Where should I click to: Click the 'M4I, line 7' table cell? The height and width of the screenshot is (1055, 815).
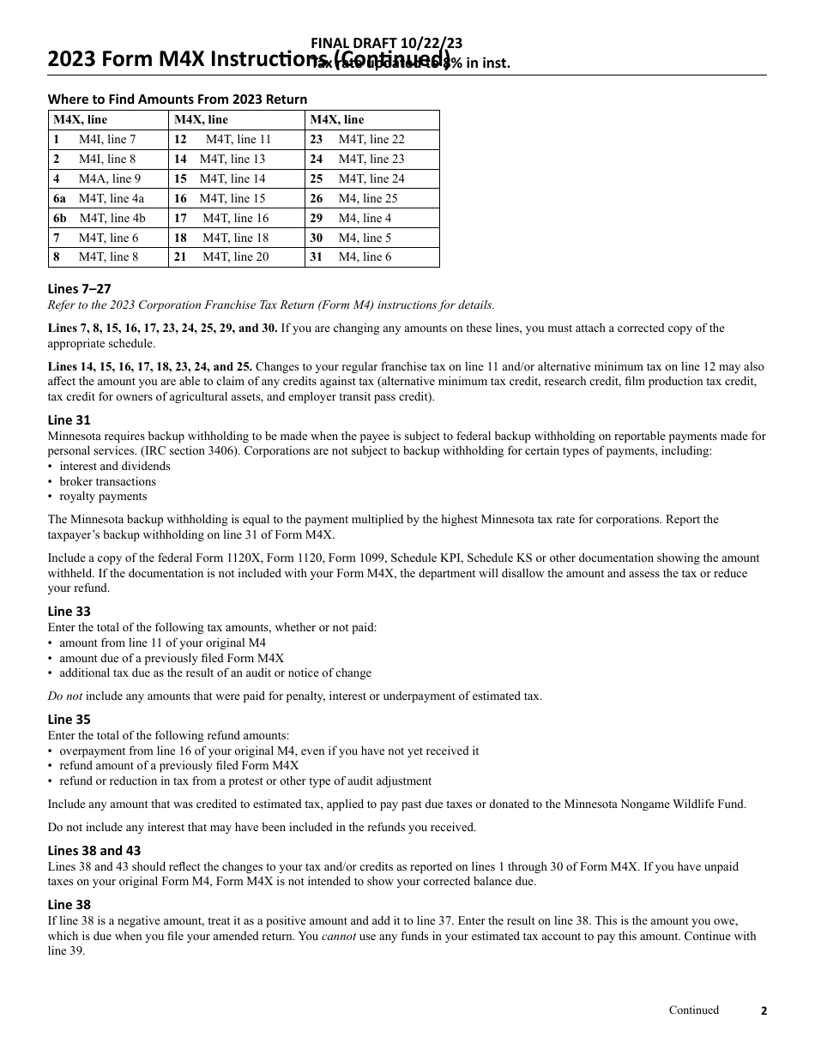point(107,139)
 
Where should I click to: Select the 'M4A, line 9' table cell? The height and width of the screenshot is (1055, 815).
point(110,178)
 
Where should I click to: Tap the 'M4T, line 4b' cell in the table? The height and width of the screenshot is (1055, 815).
point(112,218)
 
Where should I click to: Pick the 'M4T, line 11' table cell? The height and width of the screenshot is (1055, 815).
point(238,139)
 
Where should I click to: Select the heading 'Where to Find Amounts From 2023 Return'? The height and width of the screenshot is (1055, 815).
point(177,99)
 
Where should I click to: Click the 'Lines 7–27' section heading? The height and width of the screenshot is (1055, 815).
point(79,289)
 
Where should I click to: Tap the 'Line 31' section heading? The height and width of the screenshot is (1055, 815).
point(69,419)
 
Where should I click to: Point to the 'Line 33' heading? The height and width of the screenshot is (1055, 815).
point(69,611)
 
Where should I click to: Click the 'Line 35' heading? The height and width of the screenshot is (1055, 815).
point(69,719)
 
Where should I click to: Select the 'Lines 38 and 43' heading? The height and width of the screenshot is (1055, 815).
point(94,850)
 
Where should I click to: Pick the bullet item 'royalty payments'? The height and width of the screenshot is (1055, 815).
point(103,496)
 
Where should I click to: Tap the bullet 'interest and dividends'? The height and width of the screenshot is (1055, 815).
point(115,466)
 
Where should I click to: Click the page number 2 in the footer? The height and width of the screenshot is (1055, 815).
point(764,1010)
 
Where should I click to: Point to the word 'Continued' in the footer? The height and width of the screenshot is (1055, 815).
point(694,1010)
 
